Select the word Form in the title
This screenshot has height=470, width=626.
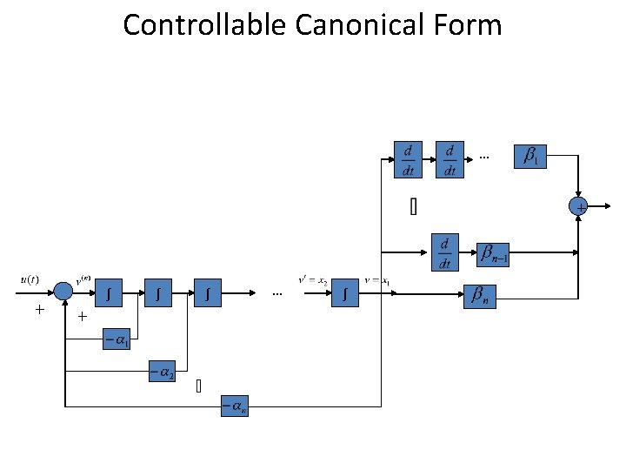click(x=471, y=23)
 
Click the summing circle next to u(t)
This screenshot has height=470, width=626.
click(x=63, y=292)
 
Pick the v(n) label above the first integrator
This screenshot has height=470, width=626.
click(x=85, y=279)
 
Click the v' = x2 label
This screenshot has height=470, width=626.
click(x=312, y=280)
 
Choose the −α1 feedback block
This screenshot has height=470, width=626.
click(x=117, y=340)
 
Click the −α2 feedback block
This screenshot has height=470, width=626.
click(x=162, y=373)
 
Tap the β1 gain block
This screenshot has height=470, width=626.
click(x=530, y=157)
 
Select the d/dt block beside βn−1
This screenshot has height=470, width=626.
click(x=445, y=252)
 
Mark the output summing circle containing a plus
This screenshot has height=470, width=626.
click(x=579, y=206)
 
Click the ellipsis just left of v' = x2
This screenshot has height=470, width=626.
click(x=277, y=294)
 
